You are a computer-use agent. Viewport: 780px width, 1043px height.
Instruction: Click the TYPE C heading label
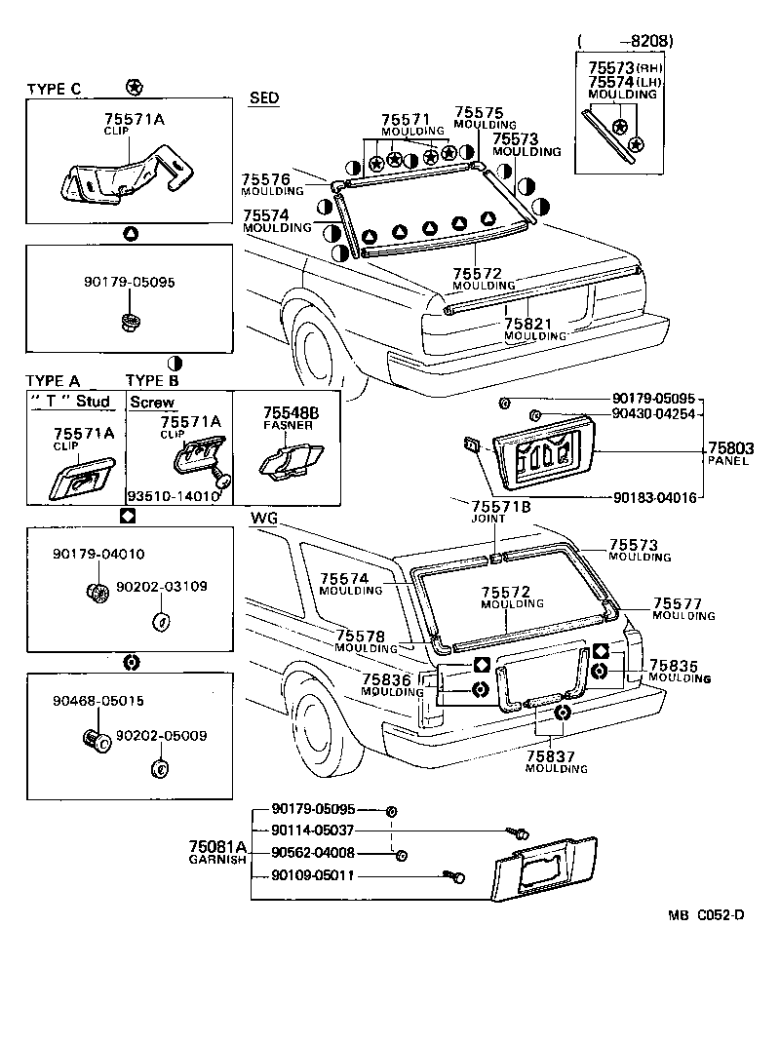click(54, 89)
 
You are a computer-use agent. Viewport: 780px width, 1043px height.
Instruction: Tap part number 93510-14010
click(174, 494)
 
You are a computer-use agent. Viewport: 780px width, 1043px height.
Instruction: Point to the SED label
click(263, 98)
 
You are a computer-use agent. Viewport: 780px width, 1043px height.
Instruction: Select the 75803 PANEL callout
click(728, 454)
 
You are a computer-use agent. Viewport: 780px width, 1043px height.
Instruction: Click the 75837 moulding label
click(557, 761)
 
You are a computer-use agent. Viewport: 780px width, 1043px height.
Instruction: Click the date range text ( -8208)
click(624, 40)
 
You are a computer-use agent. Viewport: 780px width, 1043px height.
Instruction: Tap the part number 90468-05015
click(98, 700)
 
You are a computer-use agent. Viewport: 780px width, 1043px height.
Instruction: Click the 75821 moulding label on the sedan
click(534, 329)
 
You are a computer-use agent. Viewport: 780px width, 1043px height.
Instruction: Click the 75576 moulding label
click(265, 184)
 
